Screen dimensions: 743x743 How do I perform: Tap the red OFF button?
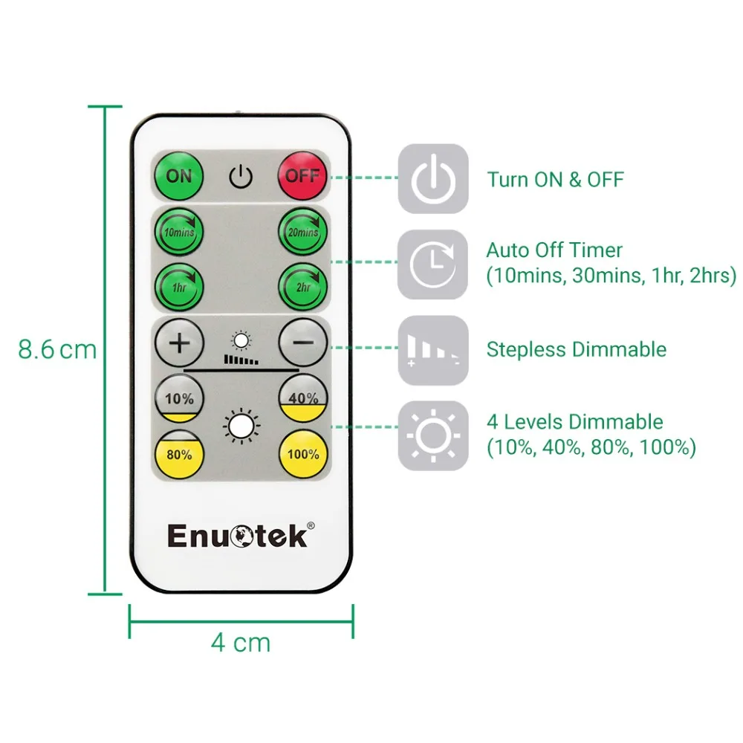point(303,176)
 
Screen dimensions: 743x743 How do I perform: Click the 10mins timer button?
point(179,232)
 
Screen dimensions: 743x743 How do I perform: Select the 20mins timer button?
point(303,232)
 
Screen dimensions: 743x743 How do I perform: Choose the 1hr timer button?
point(179,287)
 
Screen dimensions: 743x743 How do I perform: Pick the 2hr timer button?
point(303,287)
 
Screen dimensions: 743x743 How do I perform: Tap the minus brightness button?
point(303,343)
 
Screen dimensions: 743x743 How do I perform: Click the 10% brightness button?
point(179,399)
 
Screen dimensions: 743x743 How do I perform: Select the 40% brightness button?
point(303,399)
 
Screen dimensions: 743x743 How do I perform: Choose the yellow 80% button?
point(179,454)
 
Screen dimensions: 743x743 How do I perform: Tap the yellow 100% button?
point(303,454)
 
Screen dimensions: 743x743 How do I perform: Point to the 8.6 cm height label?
point(57,350)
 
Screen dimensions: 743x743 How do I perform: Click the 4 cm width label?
point(241,642)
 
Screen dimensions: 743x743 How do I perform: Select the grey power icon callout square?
point(433,179)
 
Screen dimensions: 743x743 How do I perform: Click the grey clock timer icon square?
point(433,265)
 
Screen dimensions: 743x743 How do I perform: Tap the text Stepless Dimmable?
point(576,349)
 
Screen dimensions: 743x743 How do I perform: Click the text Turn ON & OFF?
point(555,179)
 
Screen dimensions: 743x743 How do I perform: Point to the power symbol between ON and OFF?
point(241,177)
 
